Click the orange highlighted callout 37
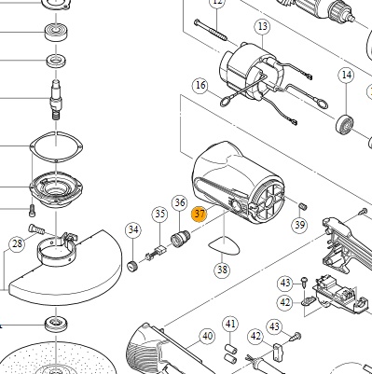[200, 214]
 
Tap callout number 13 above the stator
[263, 27]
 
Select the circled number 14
[347, 75]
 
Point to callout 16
[200, 85]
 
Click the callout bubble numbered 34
[133, 229]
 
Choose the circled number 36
[180, 202]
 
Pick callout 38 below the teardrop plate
[222, 270]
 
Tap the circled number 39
[299, 225]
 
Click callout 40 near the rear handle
[207, 336]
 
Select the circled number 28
[17, 243]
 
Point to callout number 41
[230, 325]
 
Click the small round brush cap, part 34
[132, 266]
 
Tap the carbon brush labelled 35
[156, 253]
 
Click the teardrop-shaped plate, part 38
[224, 246]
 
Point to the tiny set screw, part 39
[303, 206]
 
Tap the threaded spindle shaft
[56, 99]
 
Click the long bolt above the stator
[211, 31]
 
